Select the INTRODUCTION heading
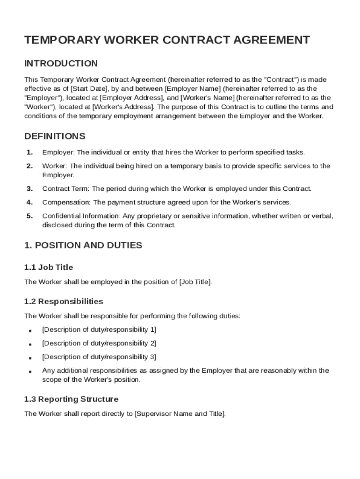point(61,64)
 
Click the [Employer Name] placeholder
point(193,88)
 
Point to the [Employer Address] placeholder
point(131,98)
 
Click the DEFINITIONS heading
point(55,137)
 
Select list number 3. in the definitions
point(29,189)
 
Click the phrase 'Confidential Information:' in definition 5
point(81,216)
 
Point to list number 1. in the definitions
point(29,152)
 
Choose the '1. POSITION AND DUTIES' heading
point(83,246)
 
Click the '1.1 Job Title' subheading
point(49,268)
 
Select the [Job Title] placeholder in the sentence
point(195,282)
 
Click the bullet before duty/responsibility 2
point(30,344)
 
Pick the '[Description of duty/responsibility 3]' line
point(99,357)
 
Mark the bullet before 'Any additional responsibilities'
point(30,372)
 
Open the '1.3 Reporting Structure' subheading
point(71,399)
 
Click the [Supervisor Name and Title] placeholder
point(180,414)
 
